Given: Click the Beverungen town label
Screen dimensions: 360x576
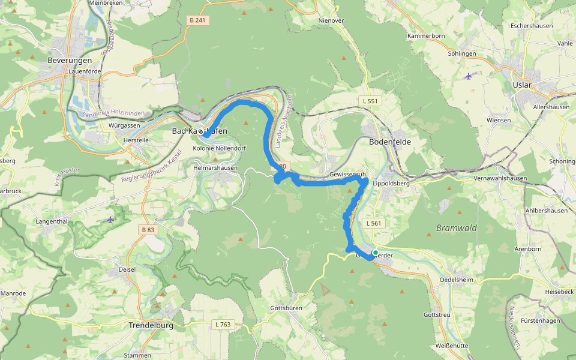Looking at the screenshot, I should pyautogui.click(x=70, y=61).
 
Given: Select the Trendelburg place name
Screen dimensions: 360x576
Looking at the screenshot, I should pyautogui.click(x=151, y=325).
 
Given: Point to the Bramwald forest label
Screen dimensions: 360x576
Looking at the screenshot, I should pyautogui.click(x=456, y=228).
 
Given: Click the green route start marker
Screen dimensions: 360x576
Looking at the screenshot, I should pyautogui.click(x=376, y=253).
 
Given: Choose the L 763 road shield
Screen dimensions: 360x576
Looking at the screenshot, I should pyautogui.click(x=222, y=324).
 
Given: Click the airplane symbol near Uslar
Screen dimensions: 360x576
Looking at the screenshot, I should pyautogui.click(x=468, y=76).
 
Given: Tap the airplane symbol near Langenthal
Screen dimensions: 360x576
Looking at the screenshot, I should pyautogui.click(x=110, y=220).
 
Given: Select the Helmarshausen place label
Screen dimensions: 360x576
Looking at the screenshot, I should pyautogui.click(x=215, y=168).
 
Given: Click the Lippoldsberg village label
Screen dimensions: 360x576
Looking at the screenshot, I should pyautogui.click(x=391, y=184).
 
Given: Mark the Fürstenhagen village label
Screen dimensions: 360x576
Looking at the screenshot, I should pyautogui.click(x=540, y=320).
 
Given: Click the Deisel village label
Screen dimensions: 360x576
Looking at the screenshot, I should pyautogui.click(x=127, y=269).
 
